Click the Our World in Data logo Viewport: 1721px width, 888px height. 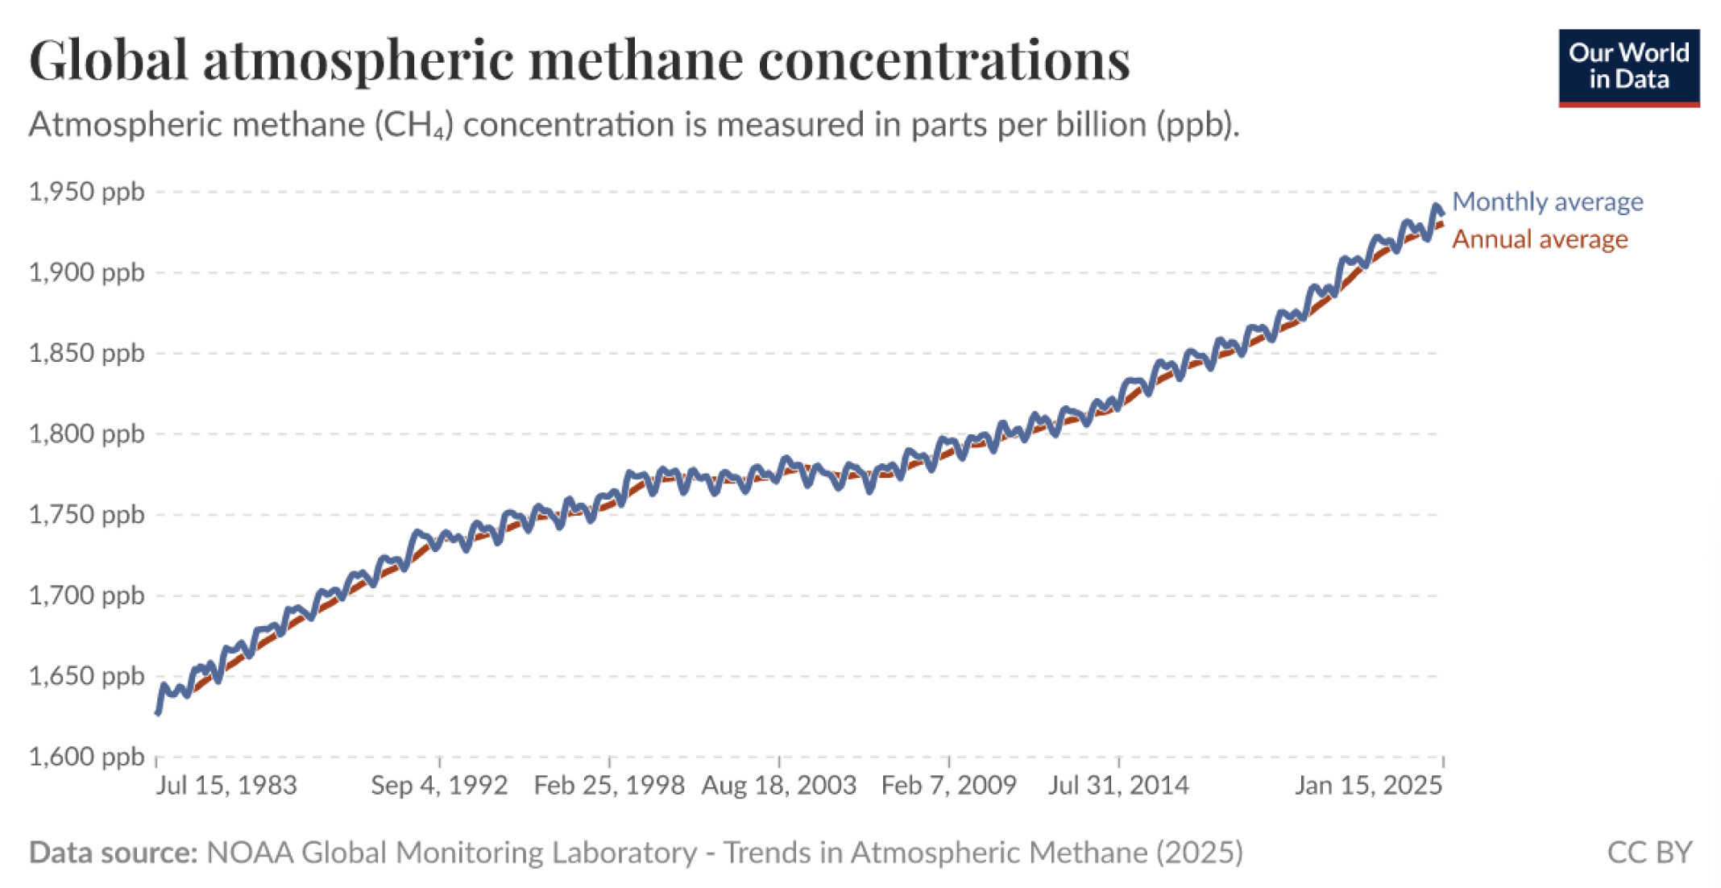[x=1628, y=68]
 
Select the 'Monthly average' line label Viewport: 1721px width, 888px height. [x=1547, y=201]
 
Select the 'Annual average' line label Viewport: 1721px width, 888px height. [x=1540, y=239]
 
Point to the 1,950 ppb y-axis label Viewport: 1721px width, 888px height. [x=86, y=192]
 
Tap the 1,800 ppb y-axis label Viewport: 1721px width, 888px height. [x=86, y=434]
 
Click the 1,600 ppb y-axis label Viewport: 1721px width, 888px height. [x=86, y=757]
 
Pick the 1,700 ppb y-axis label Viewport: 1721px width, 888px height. [x=86, y=595]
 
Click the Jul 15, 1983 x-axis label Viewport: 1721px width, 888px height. [x=226, y=785]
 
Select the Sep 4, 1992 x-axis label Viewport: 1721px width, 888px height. [x=439, y=785]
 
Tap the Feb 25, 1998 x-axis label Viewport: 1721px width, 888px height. [x=609, y=785]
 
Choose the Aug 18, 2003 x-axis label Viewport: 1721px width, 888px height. [x=779, y=785]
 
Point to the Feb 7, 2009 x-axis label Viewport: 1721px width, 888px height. [x=949, y=785]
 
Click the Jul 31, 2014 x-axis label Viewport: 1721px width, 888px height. [x=1118, y=785]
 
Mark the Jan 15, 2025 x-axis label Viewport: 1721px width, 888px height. [x=1368, y=785]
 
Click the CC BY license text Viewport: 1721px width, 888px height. [x=1649, y=853]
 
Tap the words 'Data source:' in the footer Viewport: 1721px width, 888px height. [x=113, y=853]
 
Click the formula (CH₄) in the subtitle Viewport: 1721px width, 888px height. [x=413, y=126]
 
